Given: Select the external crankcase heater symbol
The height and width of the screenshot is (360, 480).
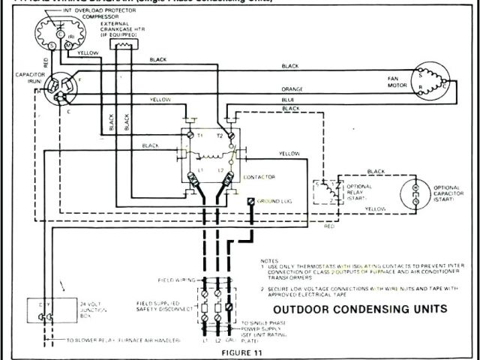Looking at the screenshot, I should pos(121,46).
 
